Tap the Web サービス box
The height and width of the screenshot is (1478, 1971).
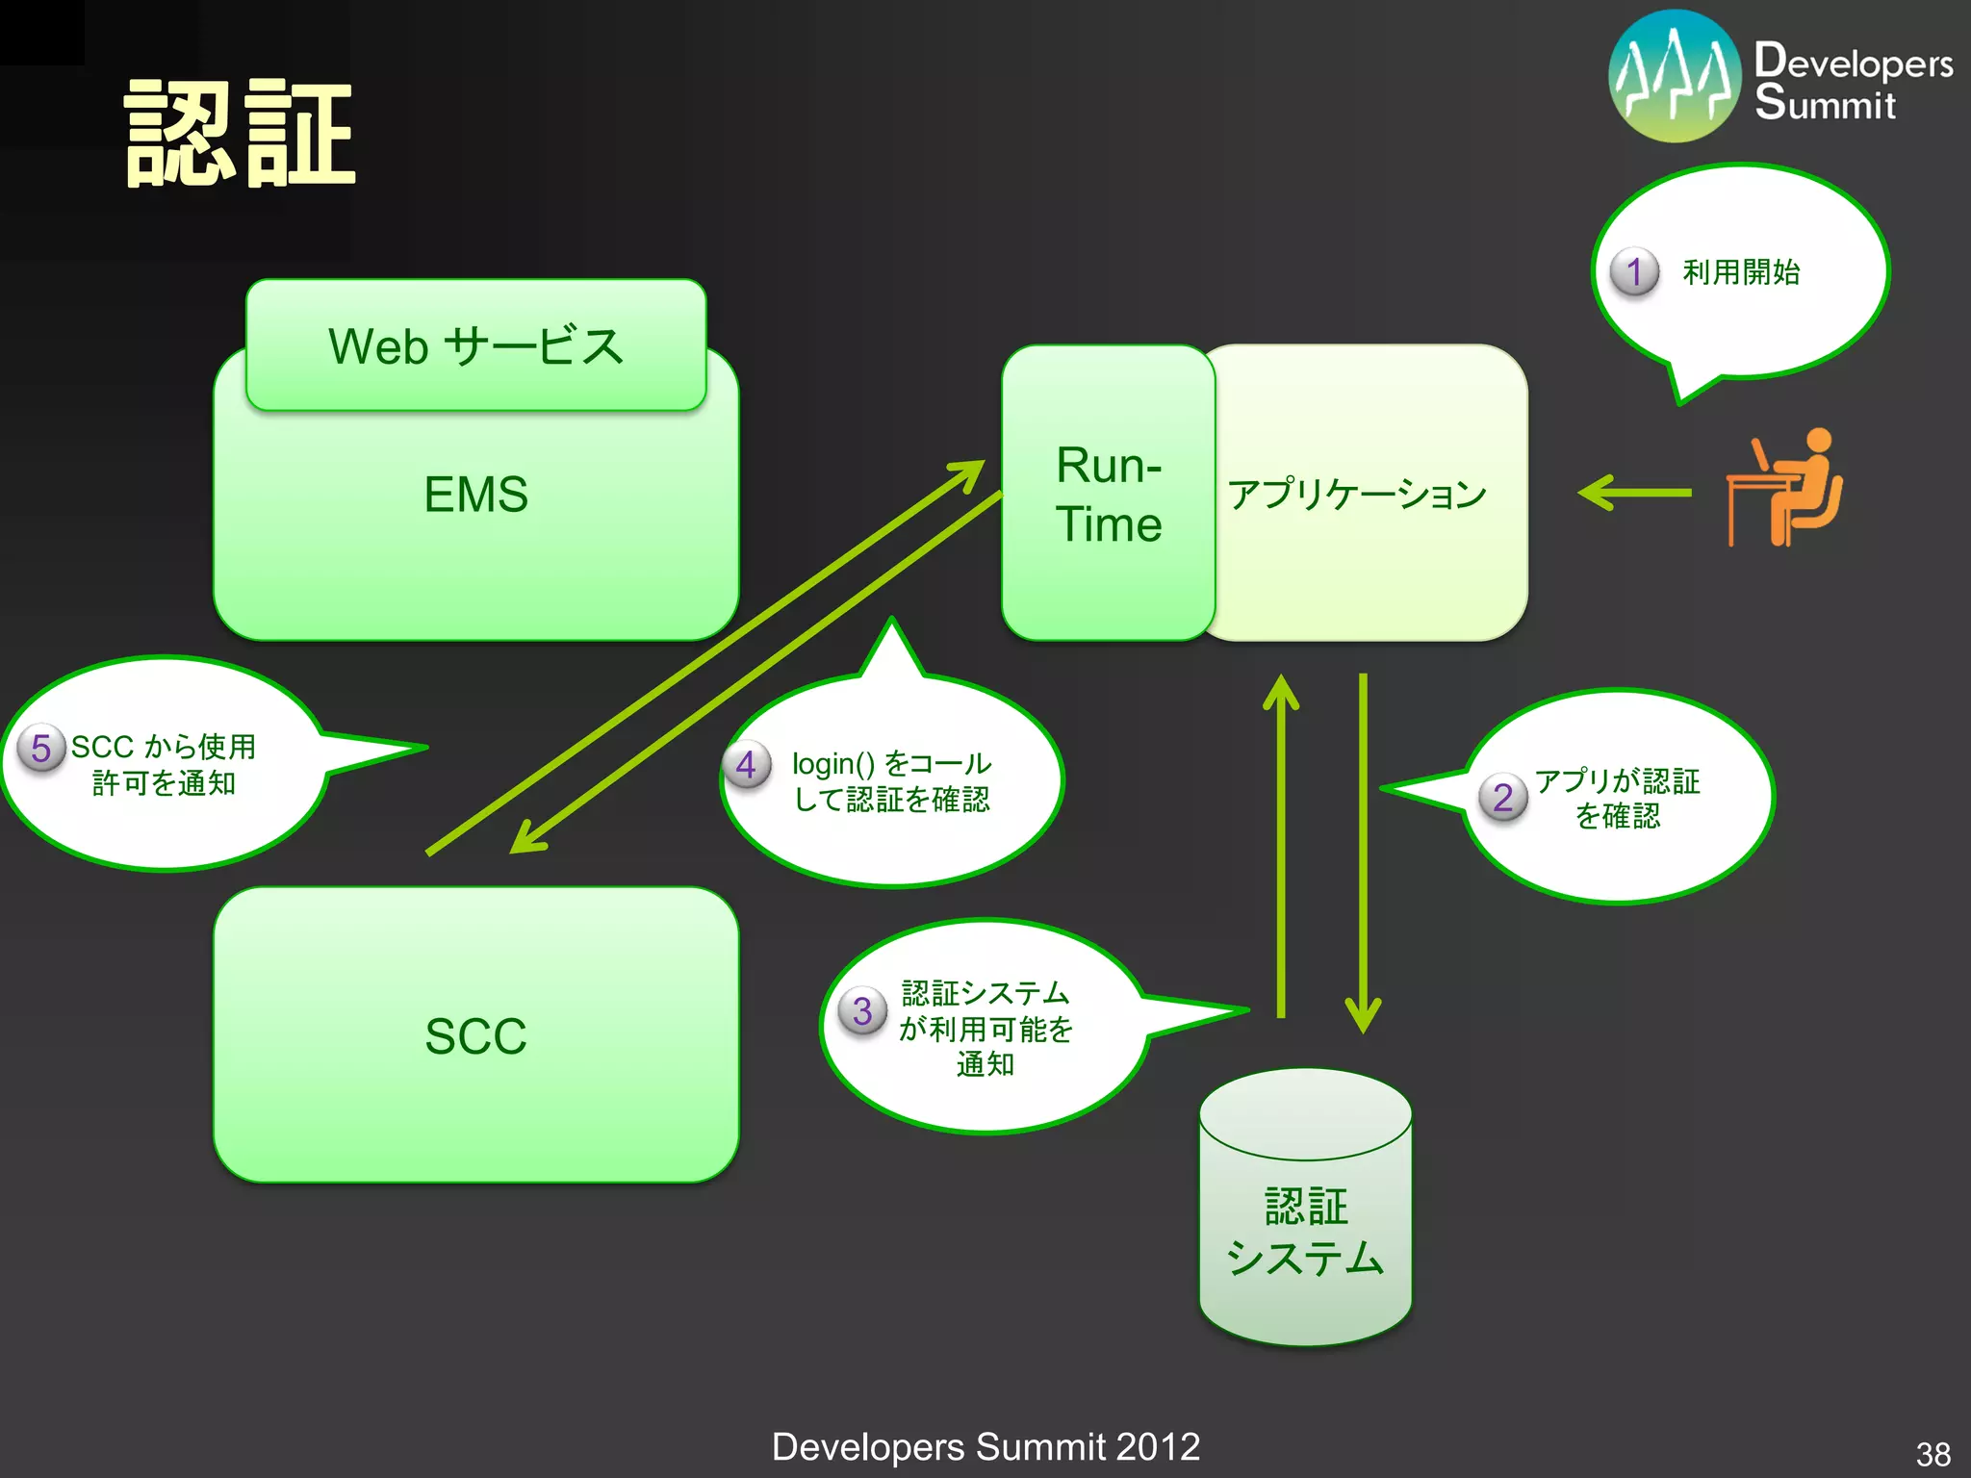pyautogui.click(x=475, y=345)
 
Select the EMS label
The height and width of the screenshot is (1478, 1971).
pyautogui.click(x=475, y=495)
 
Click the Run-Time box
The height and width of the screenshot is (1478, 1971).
pyautogui.click(x=1108, y=494)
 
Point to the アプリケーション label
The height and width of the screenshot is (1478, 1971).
pyautogui.click(x=1357, y=494)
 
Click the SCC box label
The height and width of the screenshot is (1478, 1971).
pyautogui.click(x=475, y=1036)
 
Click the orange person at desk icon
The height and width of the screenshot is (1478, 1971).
pyautogui.click(x=1785, y=488)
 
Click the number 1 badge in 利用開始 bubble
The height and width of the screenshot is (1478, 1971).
pyautogui.click(x=1634, y=272)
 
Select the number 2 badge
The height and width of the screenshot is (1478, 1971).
pyautogui.click(x=1502, y=798)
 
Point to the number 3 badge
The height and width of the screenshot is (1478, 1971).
pyautogui.click(x=862, y=1011)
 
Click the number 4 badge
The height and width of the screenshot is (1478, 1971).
pyautogui.click(x=746, y=765)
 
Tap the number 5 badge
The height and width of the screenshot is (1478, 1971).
pyautogui.click(x=40, y=748)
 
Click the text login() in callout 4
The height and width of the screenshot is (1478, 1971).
pyautogui.click(x=832, y=764)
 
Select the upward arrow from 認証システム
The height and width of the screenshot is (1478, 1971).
pyautogui.click(x=1281, y=847)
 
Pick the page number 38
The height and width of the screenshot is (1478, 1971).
pyautogui.click(x=1933, y=1453)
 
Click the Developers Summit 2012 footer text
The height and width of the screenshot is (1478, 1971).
pyautogui.click(x=985, y=1446)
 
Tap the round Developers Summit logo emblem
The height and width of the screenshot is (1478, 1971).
pyautogui.click(x=1675, y=77)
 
